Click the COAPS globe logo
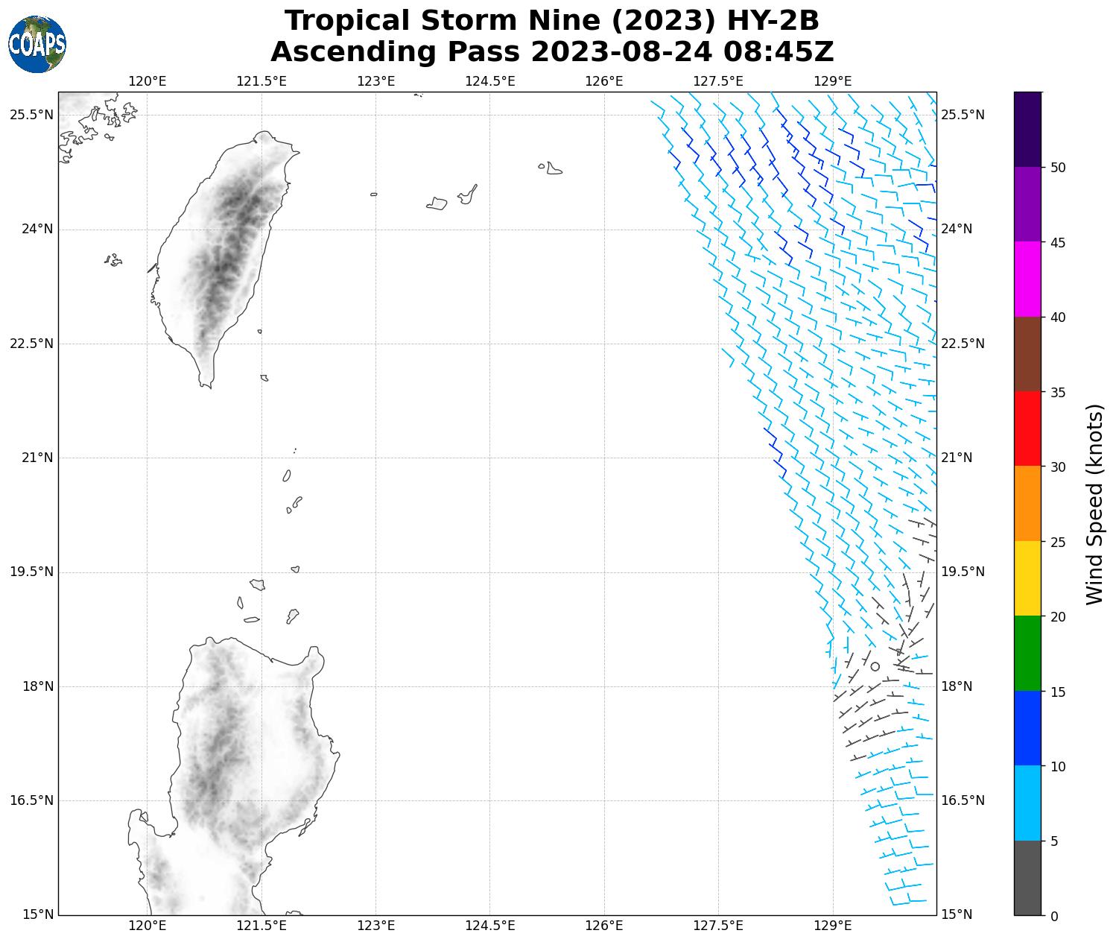[37, 44]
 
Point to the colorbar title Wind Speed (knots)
[1094, 504]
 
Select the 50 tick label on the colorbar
[1056, 168]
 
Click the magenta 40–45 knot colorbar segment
[1027, 279]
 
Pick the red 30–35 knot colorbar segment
[1027, 429]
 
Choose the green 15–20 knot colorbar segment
[1027, 653]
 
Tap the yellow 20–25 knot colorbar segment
[1027, 578]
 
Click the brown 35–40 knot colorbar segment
[1027, 354]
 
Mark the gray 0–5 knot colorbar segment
[1027, 877]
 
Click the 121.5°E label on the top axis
[261, 81]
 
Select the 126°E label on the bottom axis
[604, 926]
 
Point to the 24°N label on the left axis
[37, 229]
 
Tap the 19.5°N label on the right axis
[963, 572]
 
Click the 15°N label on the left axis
[37, 914]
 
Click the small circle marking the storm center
[875, 666]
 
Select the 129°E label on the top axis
[833, 81]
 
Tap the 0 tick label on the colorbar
[1053, 916]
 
